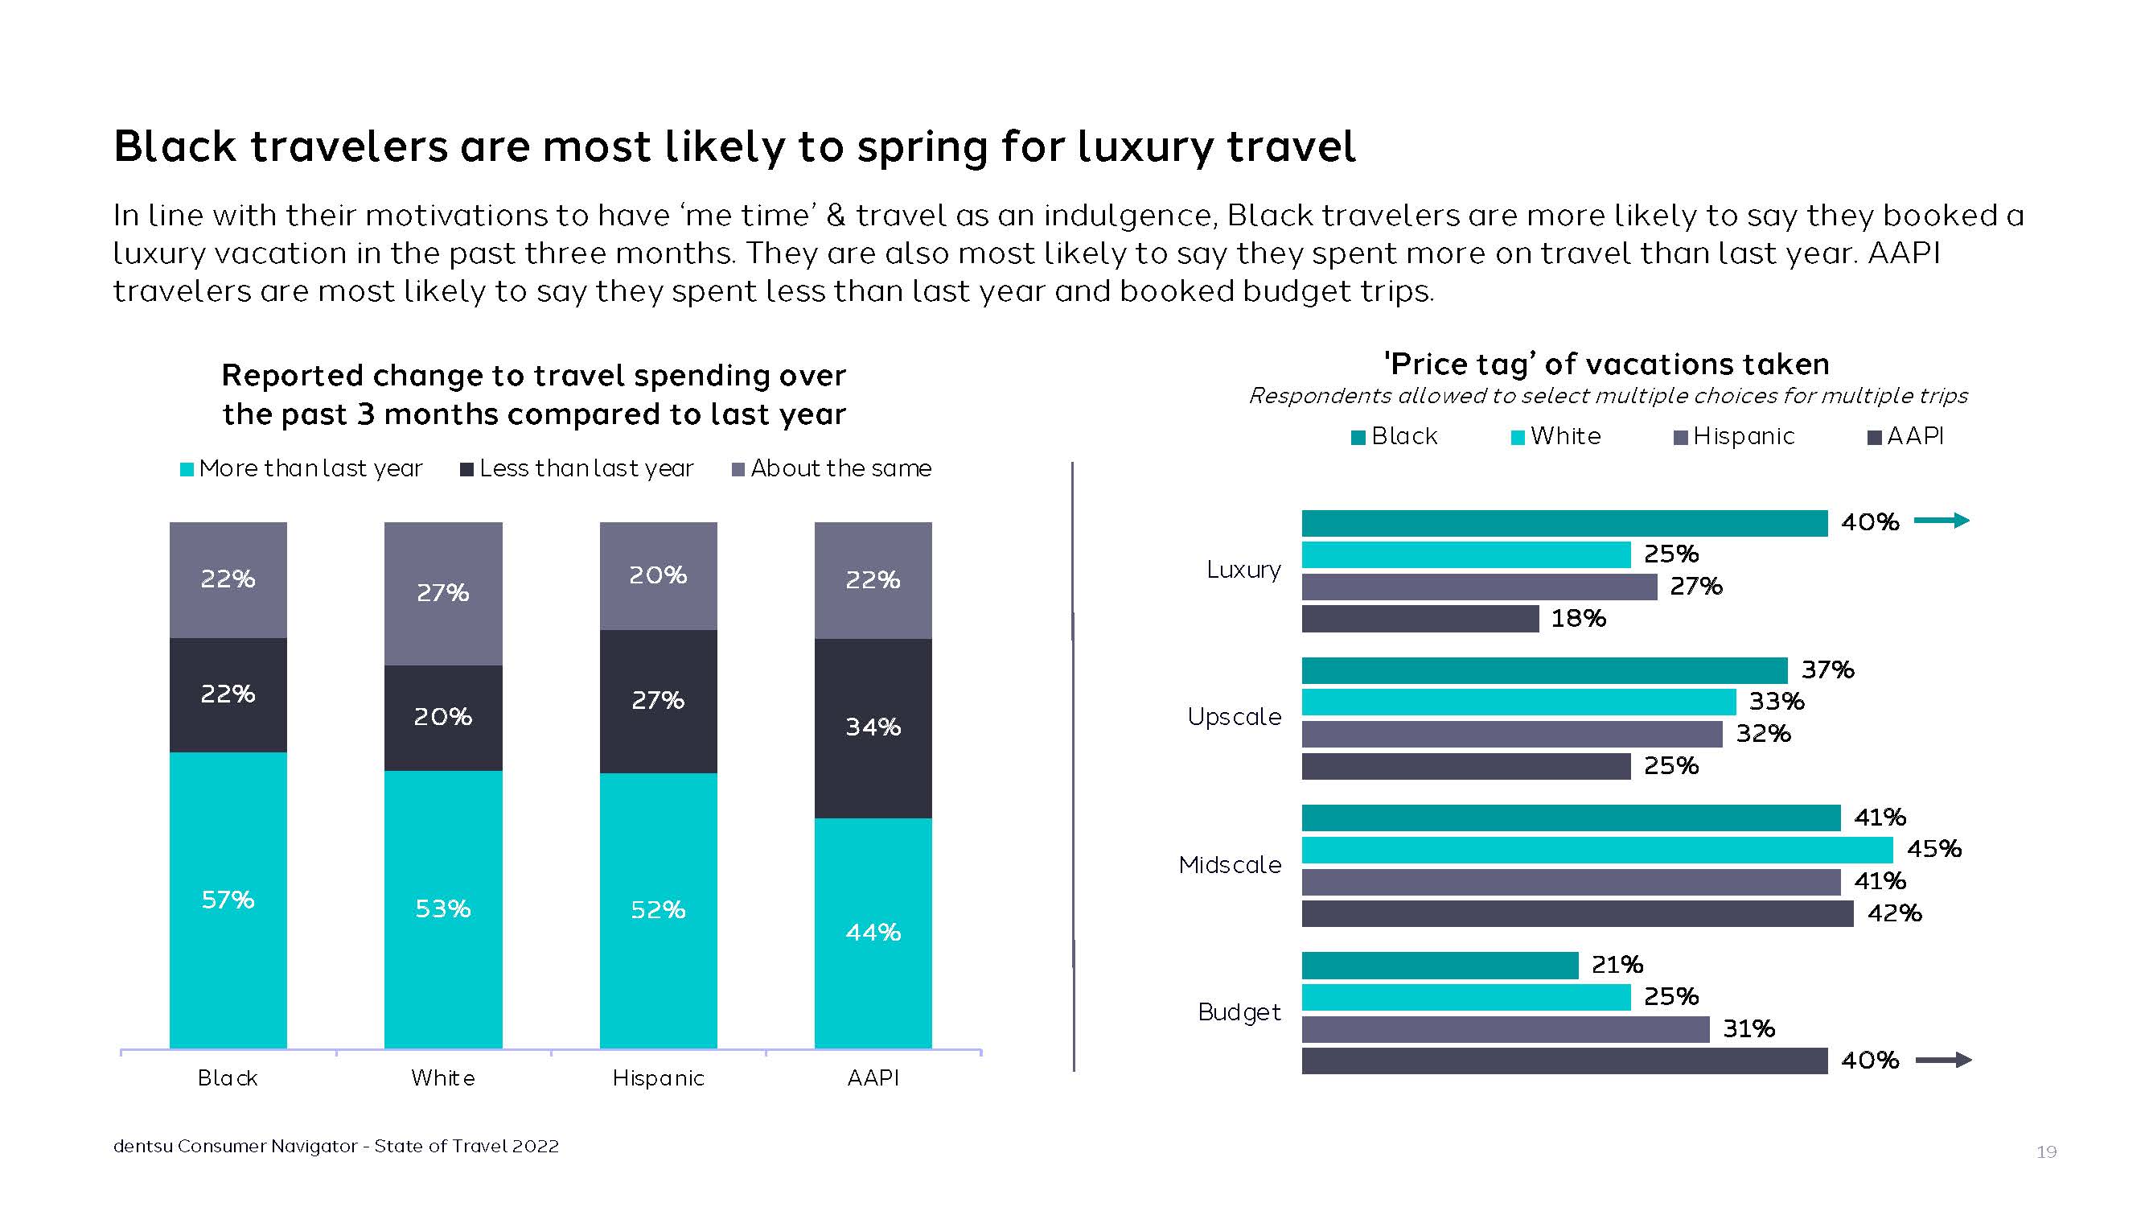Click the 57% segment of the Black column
point(228,900)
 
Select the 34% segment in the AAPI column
point(873,727)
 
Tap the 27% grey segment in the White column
point(443,593)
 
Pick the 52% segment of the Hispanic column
point(658,909)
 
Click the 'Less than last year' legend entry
point(577,469)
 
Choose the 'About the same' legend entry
point(832,469)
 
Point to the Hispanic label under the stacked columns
point(658,1079)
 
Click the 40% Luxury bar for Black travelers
point(1564,523)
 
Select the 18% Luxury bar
point(1420,619)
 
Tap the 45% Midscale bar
point(1596,850)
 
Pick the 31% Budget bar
point(1505,1030)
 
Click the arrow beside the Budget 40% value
point(1943,1061)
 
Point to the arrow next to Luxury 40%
point(1942,521)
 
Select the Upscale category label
point(1234,717)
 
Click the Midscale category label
point(1230,866)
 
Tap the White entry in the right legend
point(1555,436)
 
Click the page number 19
point(2046,1152)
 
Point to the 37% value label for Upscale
point(1828,669)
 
